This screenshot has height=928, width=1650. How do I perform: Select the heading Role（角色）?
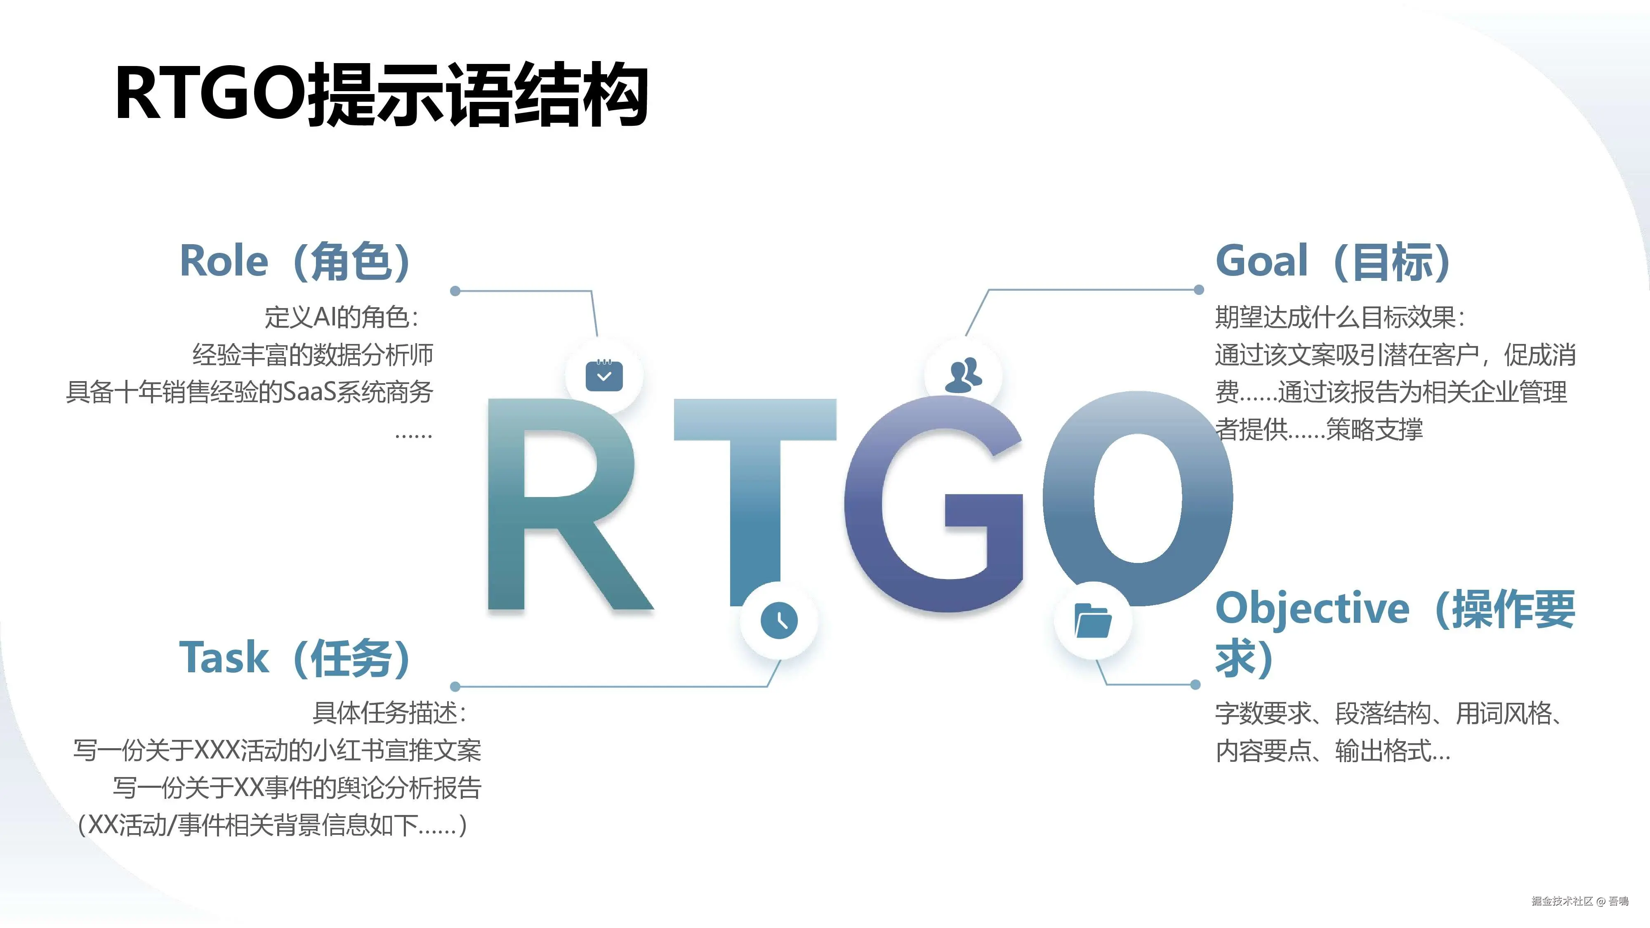295,261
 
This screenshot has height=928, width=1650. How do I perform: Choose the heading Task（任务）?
295,658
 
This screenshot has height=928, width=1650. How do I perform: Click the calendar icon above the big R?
604,376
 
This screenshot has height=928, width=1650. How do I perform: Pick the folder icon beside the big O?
1093,620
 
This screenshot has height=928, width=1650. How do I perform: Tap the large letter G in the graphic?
933,503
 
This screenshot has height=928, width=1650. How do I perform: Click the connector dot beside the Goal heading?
1199,290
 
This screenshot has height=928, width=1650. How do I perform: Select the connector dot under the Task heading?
455,687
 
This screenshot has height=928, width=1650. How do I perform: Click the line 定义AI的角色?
342,318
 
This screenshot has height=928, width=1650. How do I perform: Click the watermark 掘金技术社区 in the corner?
1562,901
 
